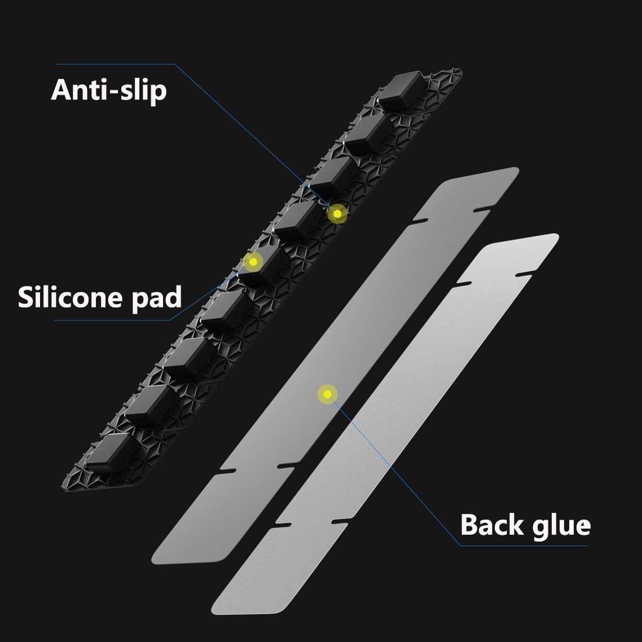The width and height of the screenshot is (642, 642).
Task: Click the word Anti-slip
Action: tap(109, 91)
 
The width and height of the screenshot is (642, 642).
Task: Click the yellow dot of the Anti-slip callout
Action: tap(337, 214)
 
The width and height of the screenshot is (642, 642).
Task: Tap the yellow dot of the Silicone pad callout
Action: tap(253, 262)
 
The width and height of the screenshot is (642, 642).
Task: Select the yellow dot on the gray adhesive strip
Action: tap(327, 393)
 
